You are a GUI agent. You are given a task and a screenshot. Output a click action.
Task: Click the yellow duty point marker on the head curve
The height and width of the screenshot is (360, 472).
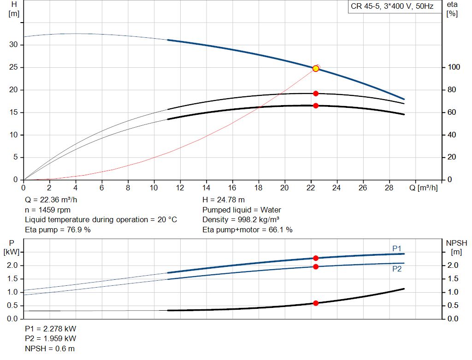316,69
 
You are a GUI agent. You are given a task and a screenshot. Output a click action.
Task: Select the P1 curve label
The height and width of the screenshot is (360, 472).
397,248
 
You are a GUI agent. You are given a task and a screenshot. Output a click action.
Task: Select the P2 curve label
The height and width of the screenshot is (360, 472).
397,269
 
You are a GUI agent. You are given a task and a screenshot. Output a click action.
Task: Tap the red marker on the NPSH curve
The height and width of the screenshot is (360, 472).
316,303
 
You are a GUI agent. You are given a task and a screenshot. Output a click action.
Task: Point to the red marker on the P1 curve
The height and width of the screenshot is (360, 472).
316,258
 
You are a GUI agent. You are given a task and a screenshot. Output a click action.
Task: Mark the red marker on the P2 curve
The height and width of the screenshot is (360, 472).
316,267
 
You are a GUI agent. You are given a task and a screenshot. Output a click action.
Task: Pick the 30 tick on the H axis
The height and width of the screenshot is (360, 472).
13,45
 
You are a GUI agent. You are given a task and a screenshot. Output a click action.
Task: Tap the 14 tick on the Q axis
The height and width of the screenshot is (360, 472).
206,188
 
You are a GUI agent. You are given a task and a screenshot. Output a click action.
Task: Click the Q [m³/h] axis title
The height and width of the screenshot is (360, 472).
424,188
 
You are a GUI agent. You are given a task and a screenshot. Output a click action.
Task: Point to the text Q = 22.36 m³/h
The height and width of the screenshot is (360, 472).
51,200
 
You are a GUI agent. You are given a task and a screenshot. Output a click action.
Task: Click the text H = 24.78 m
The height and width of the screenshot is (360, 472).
224,200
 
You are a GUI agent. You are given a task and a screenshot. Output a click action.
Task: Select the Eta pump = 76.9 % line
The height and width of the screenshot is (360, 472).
58,230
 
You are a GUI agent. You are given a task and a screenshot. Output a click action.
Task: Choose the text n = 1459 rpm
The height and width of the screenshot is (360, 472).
47,210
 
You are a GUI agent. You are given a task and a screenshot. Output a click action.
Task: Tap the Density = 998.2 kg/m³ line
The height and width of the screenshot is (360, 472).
241,220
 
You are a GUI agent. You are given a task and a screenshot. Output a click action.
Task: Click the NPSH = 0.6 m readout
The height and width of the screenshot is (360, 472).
50,348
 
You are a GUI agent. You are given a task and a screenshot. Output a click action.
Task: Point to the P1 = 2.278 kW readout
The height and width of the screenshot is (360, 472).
51,329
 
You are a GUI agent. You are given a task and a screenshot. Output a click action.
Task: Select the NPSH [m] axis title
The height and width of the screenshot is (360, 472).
456,248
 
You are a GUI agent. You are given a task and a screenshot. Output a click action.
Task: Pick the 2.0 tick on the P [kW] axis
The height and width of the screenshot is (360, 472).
12,266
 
